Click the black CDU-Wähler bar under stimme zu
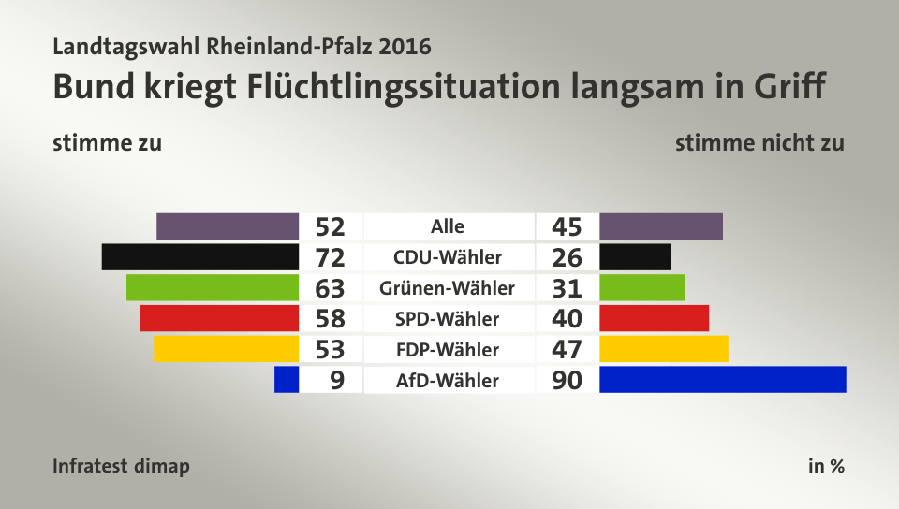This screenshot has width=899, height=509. [199, 256]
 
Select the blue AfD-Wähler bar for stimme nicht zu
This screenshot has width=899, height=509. [722, 379]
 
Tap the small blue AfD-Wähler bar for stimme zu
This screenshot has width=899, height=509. [287, 379]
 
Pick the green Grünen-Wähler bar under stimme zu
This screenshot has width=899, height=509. [212, 287]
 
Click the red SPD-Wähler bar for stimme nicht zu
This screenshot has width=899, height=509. [654, 318]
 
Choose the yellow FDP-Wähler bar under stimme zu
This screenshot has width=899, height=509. [226, 349]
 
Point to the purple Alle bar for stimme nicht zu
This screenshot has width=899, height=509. [661, 226]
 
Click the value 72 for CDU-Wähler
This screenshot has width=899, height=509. [330, 257]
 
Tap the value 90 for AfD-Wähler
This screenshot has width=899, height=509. [567, 380]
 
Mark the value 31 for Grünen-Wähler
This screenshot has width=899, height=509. [567, 288]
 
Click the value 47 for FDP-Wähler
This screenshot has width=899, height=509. [567, 350]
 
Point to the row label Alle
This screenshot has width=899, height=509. [448, 226]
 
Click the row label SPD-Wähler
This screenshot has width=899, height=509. [448, 319]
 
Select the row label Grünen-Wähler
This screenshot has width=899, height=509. [448, 288]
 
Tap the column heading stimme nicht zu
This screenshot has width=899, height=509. [759, 143]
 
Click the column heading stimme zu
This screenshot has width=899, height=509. [108, 143]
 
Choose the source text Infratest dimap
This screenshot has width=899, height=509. [121, 466]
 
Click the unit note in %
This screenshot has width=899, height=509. [826, 466]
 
